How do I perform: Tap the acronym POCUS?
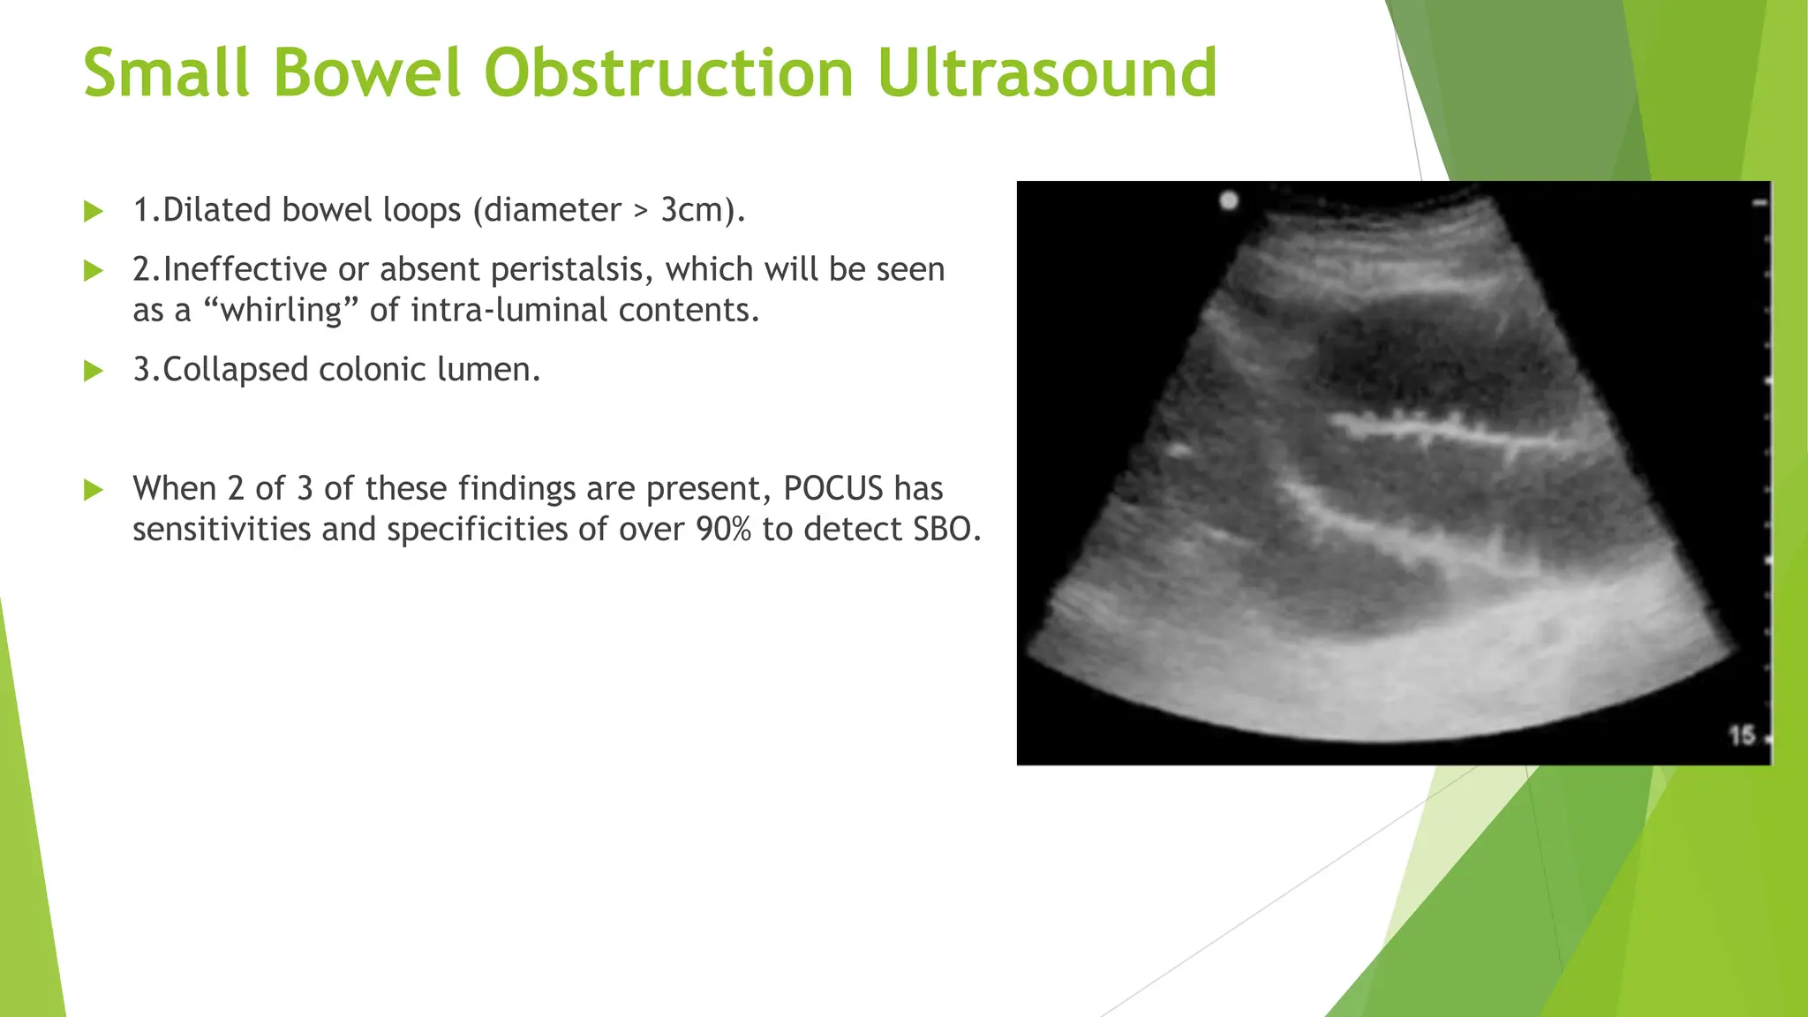coord(833,488)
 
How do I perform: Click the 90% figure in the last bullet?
coord(723,529)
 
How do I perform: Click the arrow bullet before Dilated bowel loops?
coord(94,212)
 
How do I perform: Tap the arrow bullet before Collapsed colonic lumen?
coord(94,371)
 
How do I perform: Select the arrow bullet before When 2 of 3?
coord(94,490)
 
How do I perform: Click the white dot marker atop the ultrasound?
coord(1229,200)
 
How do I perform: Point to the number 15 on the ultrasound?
coord(1741,734)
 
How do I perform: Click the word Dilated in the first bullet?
coord(217,210)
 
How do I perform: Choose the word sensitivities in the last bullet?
coord(222,529)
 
